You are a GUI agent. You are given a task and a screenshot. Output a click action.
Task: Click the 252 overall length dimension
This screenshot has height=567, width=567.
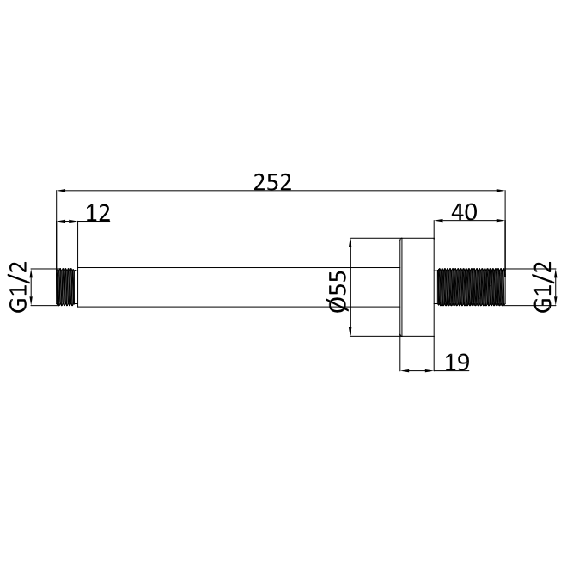coord(272,182)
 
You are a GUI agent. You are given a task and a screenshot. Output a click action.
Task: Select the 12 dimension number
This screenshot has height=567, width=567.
coord(98,213)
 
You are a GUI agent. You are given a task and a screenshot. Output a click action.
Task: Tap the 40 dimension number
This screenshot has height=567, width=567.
coord(464,212)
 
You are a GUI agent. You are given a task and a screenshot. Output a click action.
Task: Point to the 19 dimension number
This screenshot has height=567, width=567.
coord(457,362)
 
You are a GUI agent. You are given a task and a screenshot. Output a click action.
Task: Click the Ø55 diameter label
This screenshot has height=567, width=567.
coord(338,290)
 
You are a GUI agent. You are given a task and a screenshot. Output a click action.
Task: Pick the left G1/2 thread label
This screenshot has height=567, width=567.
coord(18,287)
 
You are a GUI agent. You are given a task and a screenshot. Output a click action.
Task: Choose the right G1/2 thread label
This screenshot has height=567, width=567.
coord(543,287)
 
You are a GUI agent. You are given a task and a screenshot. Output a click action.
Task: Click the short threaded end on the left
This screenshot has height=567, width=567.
coord(66,287)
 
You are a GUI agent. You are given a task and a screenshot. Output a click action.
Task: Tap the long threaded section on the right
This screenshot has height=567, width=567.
coord(471,287)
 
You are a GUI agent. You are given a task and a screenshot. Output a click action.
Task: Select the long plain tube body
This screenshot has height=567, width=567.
coord(239,287)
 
